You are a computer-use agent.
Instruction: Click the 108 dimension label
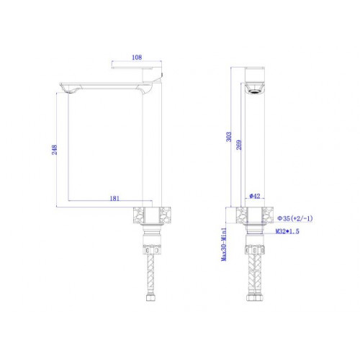137,58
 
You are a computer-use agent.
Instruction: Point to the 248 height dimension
55,150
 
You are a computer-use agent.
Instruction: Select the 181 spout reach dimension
114,199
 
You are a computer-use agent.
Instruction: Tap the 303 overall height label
229,137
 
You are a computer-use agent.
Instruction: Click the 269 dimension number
239,145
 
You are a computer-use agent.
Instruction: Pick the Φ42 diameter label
255,196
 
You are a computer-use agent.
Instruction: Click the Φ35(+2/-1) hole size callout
295,218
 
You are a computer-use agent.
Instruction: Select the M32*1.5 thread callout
287,231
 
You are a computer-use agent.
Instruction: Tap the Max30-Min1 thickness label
224,244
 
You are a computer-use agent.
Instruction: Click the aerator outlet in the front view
255,91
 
